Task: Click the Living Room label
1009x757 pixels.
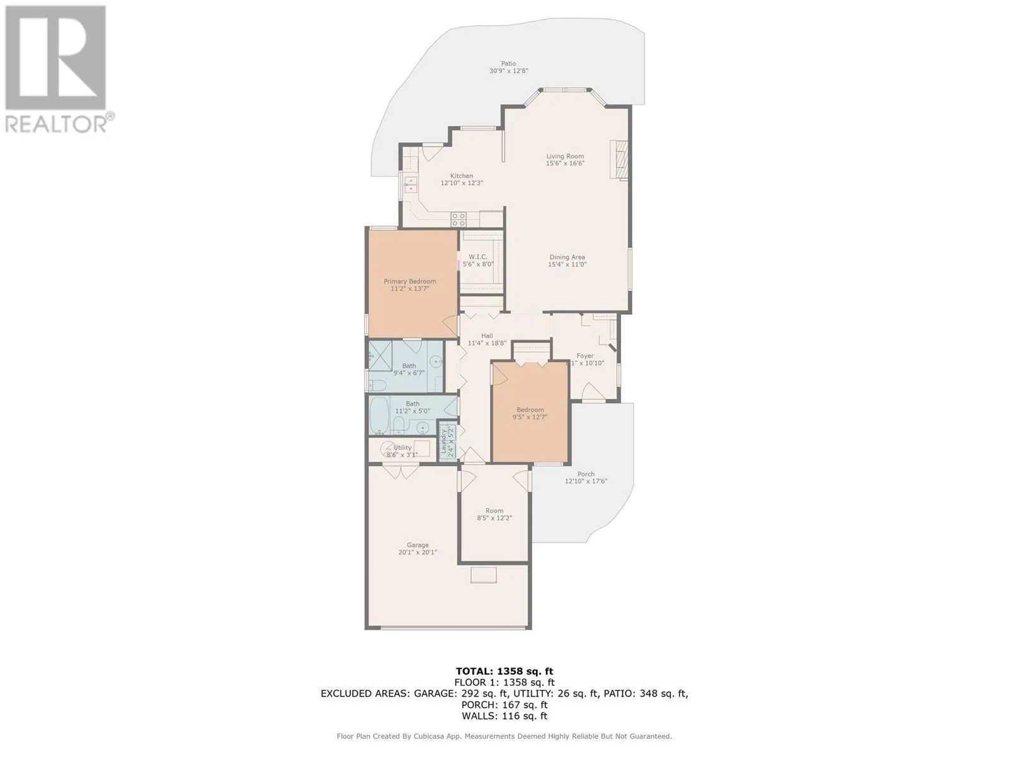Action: (565, 156)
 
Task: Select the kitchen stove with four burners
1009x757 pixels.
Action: (458, 220)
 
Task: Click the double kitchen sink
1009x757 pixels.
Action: (411, 185)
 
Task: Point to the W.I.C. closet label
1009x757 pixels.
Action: (478, 257)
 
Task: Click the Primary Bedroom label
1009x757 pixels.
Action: (410, 281)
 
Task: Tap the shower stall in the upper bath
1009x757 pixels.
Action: (380, 355)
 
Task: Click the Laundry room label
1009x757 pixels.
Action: (443, 440)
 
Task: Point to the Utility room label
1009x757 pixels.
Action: (402, 447)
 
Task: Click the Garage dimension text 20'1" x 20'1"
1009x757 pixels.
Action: (417, 553)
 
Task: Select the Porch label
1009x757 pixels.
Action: (586, 474)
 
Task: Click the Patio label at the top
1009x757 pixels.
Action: (508, 63)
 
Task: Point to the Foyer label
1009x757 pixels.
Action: (585, 356)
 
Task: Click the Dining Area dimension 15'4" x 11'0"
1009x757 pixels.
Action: (567, 265)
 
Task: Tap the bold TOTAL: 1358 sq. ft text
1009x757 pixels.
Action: (504, 671)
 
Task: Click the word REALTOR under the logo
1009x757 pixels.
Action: (55, 124)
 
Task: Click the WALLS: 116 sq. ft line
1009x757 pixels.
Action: (504, 716)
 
